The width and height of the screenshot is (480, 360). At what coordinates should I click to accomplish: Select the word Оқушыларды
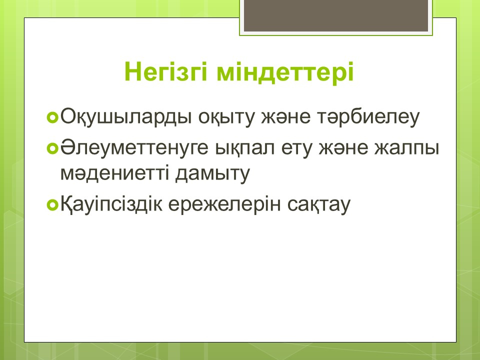point(124,117)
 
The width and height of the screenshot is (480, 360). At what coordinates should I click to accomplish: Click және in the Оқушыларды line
point(285,117)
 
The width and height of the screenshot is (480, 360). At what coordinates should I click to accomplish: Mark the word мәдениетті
point(115,173)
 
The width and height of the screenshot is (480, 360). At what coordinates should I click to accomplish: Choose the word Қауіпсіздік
point(111,204)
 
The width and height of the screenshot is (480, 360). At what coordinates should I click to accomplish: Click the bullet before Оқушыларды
point(52,117)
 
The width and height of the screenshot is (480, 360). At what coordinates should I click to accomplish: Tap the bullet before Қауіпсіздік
point(52,205)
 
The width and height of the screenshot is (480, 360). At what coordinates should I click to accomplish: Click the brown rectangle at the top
point(336,15)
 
